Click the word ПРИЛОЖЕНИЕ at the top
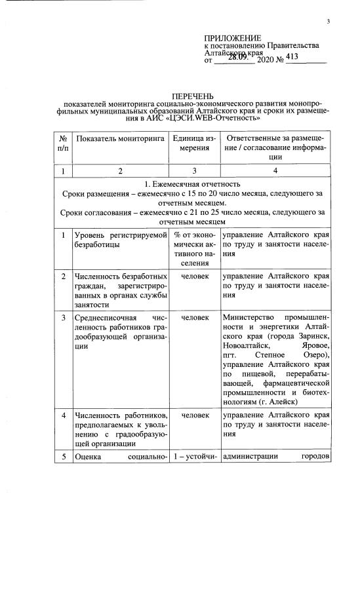click(x=233, y=37)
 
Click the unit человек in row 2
click(x=194, y=276)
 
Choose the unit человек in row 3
click(x=194, y=317)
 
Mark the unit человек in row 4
click(x=194, y=415)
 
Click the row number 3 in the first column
click(x=63, y=317)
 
